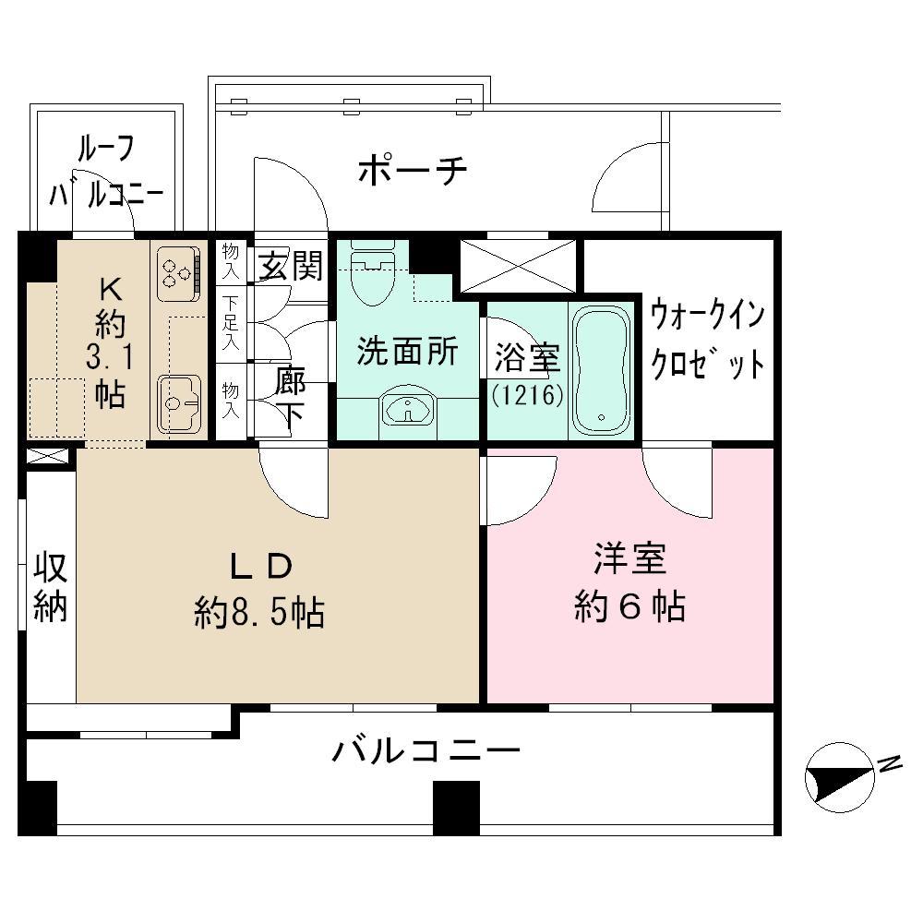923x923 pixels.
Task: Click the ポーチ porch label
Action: tap(413, 171)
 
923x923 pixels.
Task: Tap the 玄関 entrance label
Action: tap(292, 265)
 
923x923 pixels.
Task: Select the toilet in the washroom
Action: tap(372, 273)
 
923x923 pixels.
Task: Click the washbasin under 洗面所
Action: tap(408, 406)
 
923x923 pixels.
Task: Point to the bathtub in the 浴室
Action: tap(602, 371)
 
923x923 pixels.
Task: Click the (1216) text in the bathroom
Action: tap(528, 395)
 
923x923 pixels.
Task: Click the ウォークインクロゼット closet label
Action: tap(708, 341)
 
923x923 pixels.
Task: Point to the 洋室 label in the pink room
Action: tap(629, 559)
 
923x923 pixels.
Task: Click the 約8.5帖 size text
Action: tap(259, 612)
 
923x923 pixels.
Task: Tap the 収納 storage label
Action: tap(51, 586)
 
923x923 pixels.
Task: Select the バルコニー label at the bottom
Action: tap(426, 751)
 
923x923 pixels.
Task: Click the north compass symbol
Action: tap(841, 777)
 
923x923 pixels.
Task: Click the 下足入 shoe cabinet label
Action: tap(231, 324)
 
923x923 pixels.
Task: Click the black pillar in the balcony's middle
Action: tap(456, 808)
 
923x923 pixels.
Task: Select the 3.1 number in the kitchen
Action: tap(110, 357)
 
